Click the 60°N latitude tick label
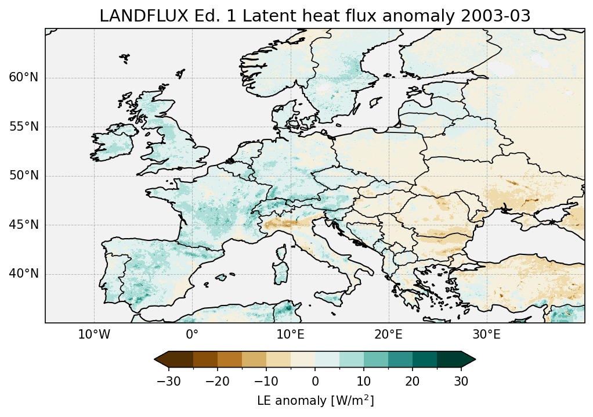pyautogui.click(x=23, y=78)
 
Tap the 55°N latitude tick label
pyautogui.click(x=23, y=127)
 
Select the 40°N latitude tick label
pyautogui.click(x=23, y=274)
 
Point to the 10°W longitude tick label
pyautogui.click(x=94, y=335)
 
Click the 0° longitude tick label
pyautogui.click(x=192, y=335)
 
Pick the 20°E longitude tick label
pyautogui.click(x=388, y=335)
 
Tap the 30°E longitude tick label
pyautogui.click(x=486, y=335)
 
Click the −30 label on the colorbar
pyautogui.click(x=168, y=381)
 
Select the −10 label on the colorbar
pyautogui.click(x=266, y=381)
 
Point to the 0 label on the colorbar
pyautogui.click(x=315, y=381)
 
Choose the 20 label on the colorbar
pyautogui.click(x=413, y=381)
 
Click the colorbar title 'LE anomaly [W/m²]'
pyautogui.click(x=315, y=400)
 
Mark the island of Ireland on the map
pyautogui.click(x=113, y=145)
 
